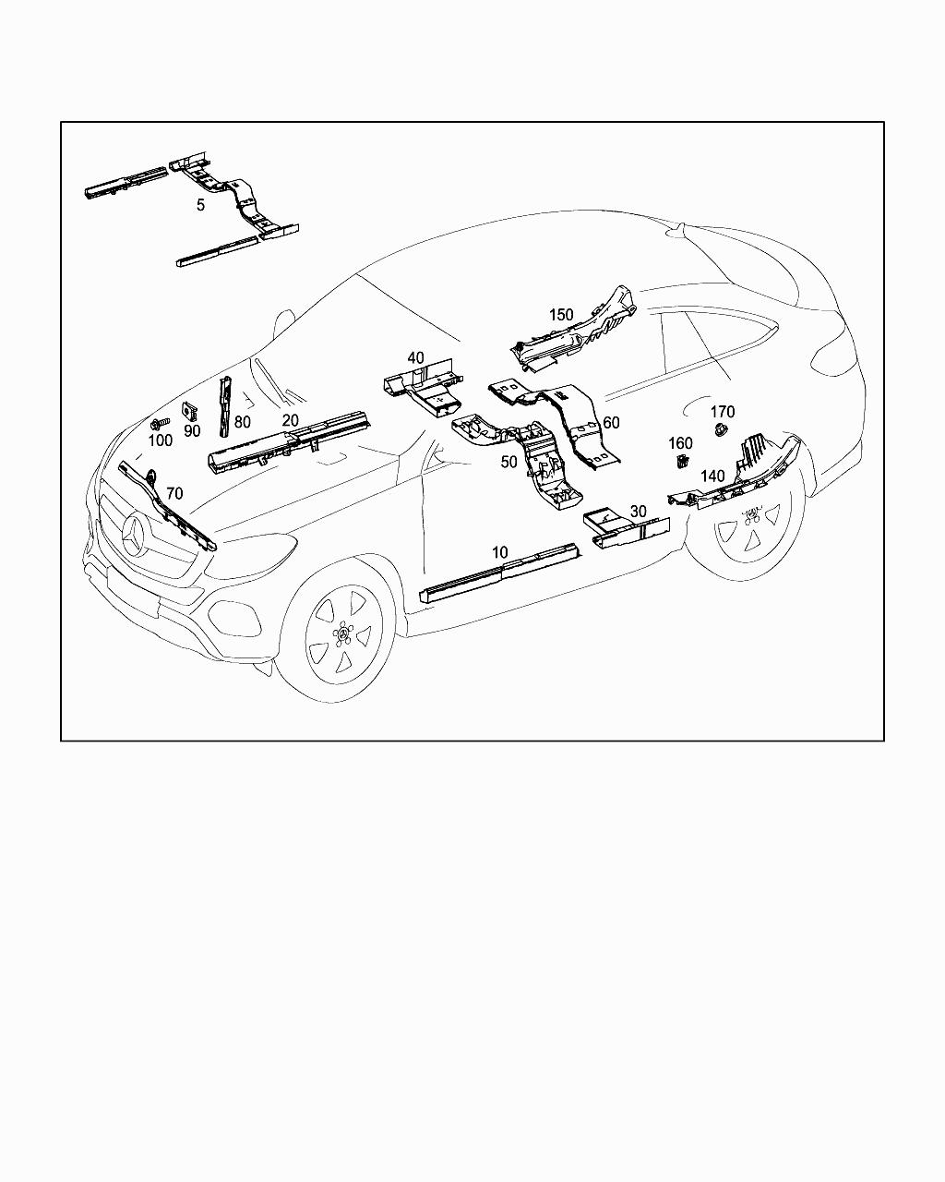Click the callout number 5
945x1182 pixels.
(x=200, y=205)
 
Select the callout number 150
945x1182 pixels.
(x=561, y=315)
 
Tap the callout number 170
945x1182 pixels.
(x=723, y=412)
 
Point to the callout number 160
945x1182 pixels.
(x=680, y=442)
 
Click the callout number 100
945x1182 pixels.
(x=161, y=440)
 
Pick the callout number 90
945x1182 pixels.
(x=192, y=430)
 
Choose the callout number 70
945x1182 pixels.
(x=174, y=493)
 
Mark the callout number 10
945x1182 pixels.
(x=499, y=552)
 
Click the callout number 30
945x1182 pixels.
(x=638, y=512)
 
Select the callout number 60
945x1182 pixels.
(x=611, y=422)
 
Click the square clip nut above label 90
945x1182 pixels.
(x=189, y=410)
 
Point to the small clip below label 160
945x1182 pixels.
(x=683, y=462)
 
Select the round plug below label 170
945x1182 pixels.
(x=719, y=429)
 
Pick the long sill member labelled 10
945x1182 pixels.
(x=498, y=573)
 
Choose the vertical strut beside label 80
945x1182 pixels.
(x=226, y=406)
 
